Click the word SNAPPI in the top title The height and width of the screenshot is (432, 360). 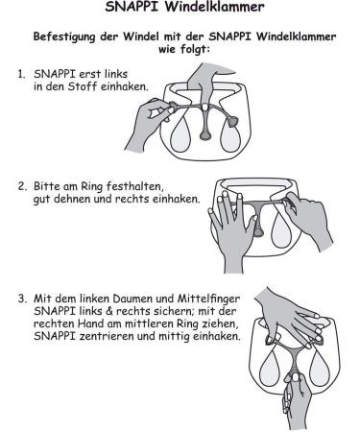click(x=132, y=7)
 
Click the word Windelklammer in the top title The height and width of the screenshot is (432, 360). click(x=215, y=7)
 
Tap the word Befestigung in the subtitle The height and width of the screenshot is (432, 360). click(x=64, y=36)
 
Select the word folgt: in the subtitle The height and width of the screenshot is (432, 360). click(x=194, y=50)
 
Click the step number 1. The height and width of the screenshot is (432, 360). click(x=21, y=74)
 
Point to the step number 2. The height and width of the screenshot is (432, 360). click(x=22, y=186)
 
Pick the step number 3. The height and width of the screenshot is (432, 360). click(x=22, y=299)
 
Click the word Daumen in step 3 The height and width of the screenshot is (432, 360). click(x=132, y=299)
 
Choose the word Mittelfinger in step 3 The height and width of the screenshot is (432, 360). click(x=208, y=300)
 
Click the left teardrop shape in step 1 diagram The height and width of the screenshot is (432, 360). click(x=180, y=135)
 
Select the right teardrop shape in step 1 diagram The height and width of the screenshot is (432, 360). click(x=230, y=135)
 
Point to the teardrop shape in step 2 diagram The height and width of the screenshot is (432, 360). click(x=281, y=228)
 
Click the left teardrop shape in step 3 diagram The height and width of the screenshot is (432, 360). click(x=270, y=365)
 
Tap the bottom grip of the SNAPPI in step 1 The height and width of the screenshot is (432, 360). click(x=205, y=135)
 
